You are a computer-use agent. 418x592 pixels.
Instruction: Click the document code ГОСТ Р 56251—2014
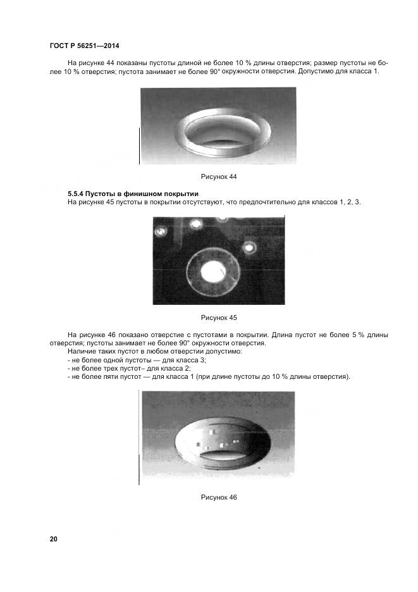point(84,46)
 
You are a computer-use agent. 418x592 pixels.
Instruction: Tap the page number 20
point(53,539)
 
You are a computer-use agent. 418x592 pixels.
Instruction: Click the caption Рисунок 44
point(218,176)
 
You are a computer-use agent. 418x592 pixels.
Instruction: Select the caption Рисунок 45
point(218,318)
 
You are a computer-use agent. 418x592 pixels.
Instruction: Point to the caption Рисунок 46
point(218,498)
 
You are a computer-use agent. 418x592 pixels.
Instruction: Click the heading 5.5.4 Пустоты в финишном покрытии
point(133,193)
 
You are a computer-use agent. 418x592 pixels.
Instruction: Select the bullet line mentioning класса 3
point(137,360)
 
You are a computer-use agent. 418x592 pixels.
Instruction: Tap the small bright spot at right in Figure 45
point(250,247)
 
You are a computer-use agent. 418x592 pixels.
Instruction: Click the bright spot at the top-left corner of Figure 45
point(161,231)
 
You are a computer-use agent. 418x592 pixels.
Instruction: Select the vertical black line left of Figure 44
point(138,145)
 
